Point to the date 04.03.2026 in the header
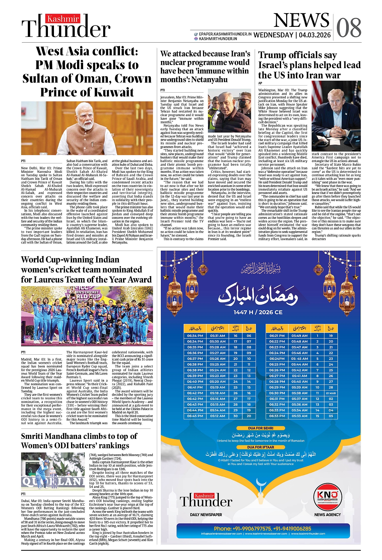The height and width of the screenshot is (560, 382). pos(315,35)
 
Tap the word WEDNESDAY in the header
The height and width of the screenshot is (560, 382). pos(273,35)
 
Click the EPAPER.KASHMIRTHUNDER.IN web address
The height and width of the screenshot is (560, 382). pos(225,34)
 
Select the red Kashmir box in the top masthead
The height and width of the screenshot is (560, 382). pos(63,19)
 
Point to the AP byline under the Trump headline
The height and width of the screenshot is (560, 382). pos(260,83)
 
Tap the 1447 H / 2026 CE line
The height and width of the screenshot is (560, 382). pos(258,312)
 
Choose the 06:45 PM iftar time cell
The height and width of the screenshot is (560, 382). pos(195,416)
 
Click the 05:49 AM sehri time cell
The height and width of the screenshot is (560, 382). pos(299,336)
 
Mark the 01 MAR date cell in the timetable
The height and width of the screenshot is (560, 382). pos(331,393)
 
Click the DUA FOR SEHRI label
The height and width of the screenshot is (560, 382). pos(261,428)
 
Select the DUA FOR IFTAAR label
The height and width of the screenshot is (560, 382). pos(261,447)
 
